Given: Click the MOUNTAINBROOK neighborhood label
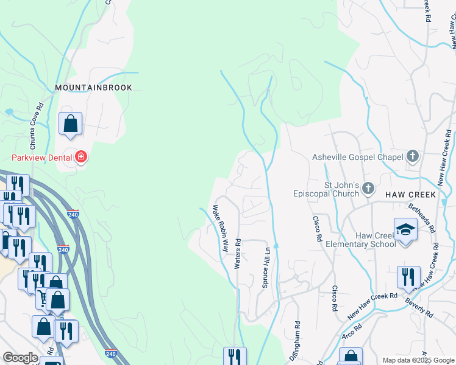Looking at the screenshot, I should (93, 88).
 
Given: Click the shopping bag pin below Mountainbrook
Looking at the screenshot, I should (71, 123).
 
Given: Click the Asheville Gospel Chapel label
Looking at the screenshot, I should (358, 157).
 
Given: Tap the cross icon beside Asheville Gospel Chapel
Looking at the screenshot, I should (413, 157).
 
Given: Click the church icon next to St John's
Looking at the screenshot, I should (368, 189).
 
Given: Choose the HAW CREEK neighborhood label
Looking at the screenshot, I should (410, 195).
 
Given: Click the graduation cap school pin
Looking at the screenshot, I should (405, 230).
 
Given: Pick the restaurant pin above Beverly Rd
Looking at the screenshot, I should (408, 277).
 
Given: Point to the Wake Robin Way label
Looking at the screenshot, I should (220, 229).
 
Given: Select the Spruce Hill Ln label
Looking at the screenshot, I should (266, 268).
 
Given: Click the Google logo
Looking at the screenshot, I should (20, 358).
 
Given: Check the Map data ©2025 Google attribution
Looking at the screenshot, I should (418, 360).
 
